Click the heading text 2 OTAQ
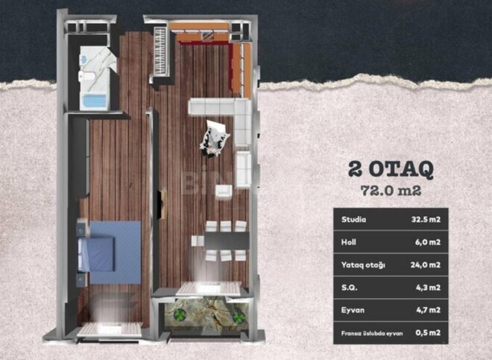tap(391, 168)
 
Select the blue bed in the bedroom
tap(108, 245)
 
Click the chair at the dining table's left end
tap(196, 241)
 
